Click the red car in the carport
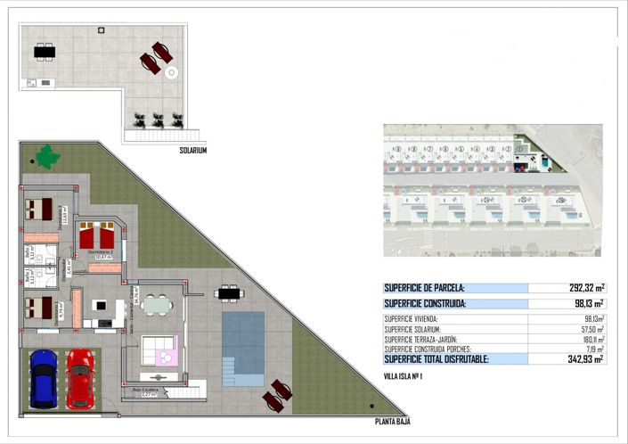pos(79,379)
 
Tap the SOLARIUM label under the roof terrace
pos(192,151)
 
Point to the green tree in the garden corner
pos(46,158)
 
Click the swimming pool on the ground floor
pos(243,348)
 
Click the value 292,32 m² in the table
pos(586,288)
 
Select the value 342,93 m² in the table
pos(584,359)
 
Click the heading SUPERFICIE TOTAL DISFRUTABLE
pos(436,359)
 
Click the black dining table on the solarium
pos(44,52)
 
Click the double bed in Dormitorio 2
pos(97,238)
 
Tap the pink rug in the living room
pos(166,357)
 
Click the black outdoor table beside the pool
pos(229,292)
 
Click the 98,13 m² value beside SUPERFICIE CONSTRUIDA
pos(586,303)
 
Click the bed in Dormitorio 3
pos(39,209)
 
